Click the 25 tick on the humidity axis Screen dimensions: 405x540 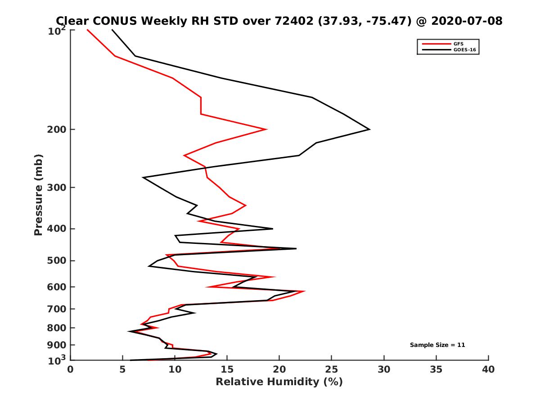coord(332,369)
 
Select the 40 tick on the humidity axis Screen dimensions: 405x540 coord(488,369)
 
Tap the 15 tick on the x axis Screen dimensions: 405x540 coord(227,369)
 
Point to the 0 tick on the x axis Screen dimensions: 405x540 coord(71,369)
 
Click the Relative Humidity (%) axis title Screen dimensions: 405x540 coord(279,382)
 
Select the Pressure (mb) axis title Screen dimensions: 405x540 coord(39,194)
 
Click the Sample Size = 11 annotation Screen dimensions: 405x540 coord(437,345)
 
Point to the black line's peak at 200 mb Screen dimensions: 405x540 coord(369,130)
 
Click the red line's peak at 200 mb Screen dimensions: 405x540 coord(266,130)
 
